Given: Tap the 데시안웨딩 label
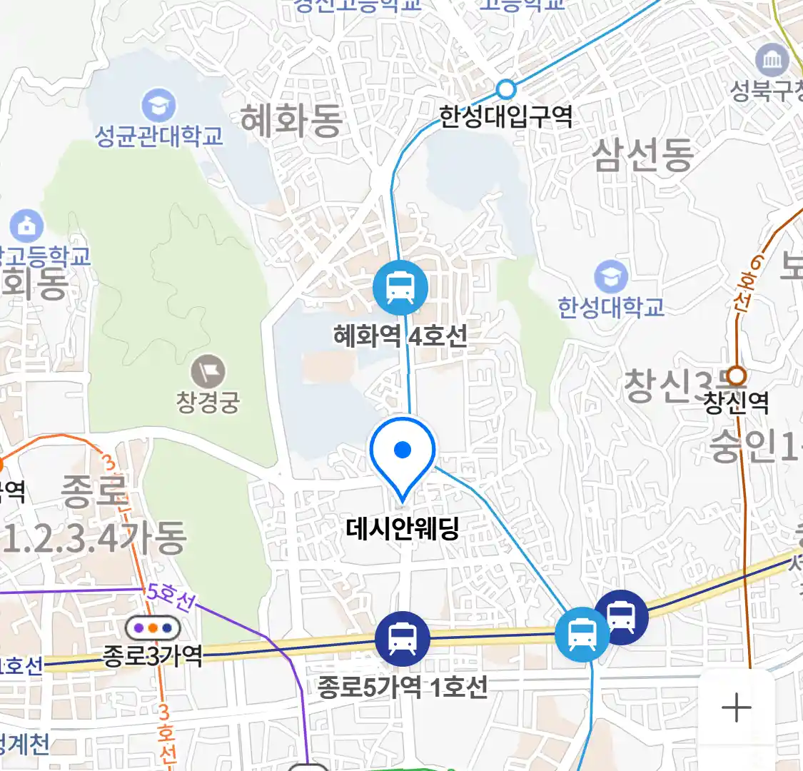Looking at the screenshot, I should (x=402, y=529).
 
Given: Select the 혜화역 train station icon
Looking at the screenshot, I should (x=400, y=288).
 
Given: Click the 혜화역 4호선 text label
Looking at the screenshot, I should (x=400, y=336).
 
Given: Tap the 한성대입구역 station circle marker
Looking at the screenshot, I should (x=506, y=89).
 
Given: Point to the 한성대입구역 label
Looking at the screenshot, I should (x=505, y=116).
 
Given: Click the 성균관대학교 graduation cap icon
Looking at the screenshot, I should (x=158, y=106).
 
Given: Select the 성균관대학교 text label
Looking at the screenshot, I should (x=159, y=136).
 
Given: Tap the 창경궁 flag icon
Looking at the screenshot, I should (x=208, y=372).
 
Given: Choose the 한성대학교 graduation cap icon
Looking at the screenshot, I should (x=610, y=278).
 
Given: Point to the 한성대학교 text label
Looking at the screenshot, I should (x=611, y=307).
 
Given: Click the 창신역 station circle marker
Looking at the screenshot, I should (x=736, y=376).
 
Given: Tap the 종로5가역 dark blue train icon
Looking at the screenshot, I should (x=403, y=638).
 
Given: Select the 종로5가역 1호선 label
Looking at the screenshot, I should (x=403, y=687).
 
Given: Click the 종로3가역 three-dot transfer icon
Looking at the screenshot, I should (x=153, y=629).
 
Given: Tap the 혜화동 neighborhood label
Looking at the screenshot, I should (x=291, y=120).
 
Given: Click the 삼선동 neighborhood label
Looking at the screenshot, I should (x=642, y=155).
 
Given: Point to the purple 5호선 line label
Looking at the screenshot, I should (x=169, y=596).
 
